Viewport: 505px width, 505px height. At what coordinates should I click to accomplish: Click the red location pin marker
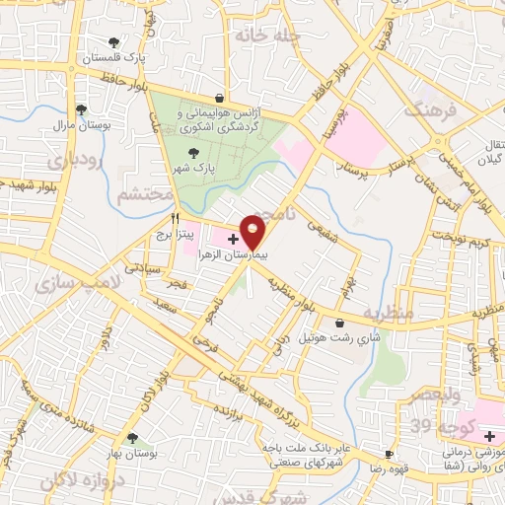coord(252,233)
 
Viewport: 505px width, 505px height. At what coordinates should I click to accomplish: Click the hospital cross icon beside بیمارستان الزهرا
coord(233,240)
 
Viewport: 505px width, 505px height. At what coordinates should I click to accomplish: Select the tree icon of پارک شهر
coord(193,152)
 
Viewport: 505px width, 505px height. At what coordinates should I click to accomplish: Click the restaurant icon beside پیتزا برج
coord(176,218)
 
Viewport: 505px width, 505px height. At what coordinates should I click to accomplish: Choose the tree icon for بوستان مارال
coord(81,109)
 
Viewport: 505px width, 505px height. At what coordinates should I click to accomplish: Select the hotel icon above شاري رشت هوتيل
coord(339,323)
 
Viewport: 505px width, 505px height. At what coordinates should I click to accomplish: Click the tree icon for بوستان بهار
coord(131,438)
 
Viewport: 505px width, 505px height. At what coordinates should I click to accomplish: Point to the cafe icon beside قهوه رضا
coord(390,455)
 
